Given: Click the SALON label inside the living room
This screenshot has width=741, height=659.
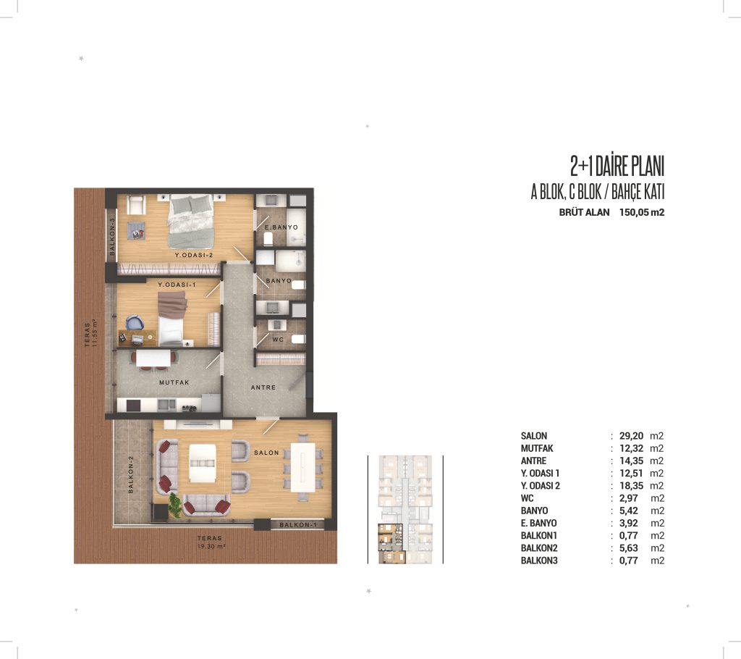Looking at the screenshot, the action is [x=266, y=453].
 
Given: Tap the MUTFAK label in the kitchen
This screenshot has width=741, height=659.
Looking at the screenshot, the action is [x=174, y=382].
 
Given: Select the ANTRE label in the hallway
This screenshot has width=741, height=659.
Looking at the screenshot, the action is [x=263, y=387].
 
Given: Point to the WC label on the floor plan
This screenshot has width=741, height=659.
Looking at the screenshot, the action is [x=278, y=340].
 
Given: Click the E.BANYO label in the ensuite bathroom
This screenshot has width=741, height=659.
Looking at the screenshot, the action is [x=281, y=227].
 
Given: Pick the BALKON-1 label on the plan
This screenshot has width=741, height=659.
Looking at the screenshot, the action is [x=297, y=524].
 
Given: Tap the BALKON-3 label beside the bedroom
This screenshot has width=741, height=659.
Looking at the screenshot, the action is [x=112, y=237].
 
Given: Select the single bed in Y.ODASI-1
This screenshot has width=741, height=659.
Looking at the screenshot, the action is [x=171, y=318].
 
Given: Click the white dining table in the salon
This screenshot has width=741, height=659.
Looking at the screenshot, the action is [x=303, y=467].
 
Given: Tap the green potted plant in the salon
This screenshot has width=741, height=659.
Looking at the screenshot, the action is [x=175, y=505].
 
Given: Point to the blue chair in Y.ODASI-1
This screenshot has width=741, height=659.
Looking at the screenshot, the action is [x=135, y=323].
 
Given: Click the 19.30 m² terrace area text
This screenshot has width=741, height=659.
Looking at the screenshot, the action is [x=211, y=547].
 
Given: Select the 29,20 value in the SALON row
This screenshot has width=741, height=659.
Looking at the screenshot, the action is [x=631, y=436].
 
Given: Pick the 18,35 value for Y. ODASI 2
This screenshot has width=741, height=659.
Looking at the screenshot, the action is [x=631, y=485].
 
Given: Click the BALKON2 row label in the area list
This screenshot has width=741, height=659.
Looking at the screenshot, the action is [x=539, y=547].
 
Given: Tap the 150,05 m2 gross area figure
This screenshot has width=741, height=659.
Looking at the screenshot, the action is [x=642, y=212].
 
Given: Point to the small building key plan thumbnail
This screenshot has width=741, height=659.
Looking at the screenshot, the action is [x=405, y=510].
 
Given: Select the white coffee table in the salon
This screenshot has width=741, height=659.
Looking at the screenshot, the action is [x=203, y=463].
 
